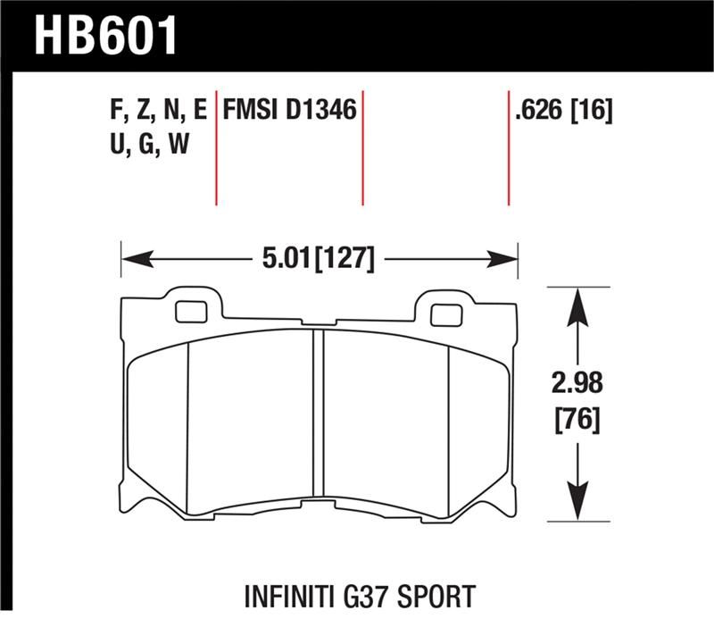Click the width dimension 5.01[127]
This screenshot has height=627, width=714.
(x=318, y=260)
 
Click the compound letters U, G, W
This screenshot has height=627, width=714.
(x=147, y=143)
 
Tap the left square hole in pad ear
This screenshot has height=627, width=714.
(x=188, y=313)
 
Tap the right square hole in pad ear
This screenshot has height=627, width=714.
(x=444, y=314)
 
